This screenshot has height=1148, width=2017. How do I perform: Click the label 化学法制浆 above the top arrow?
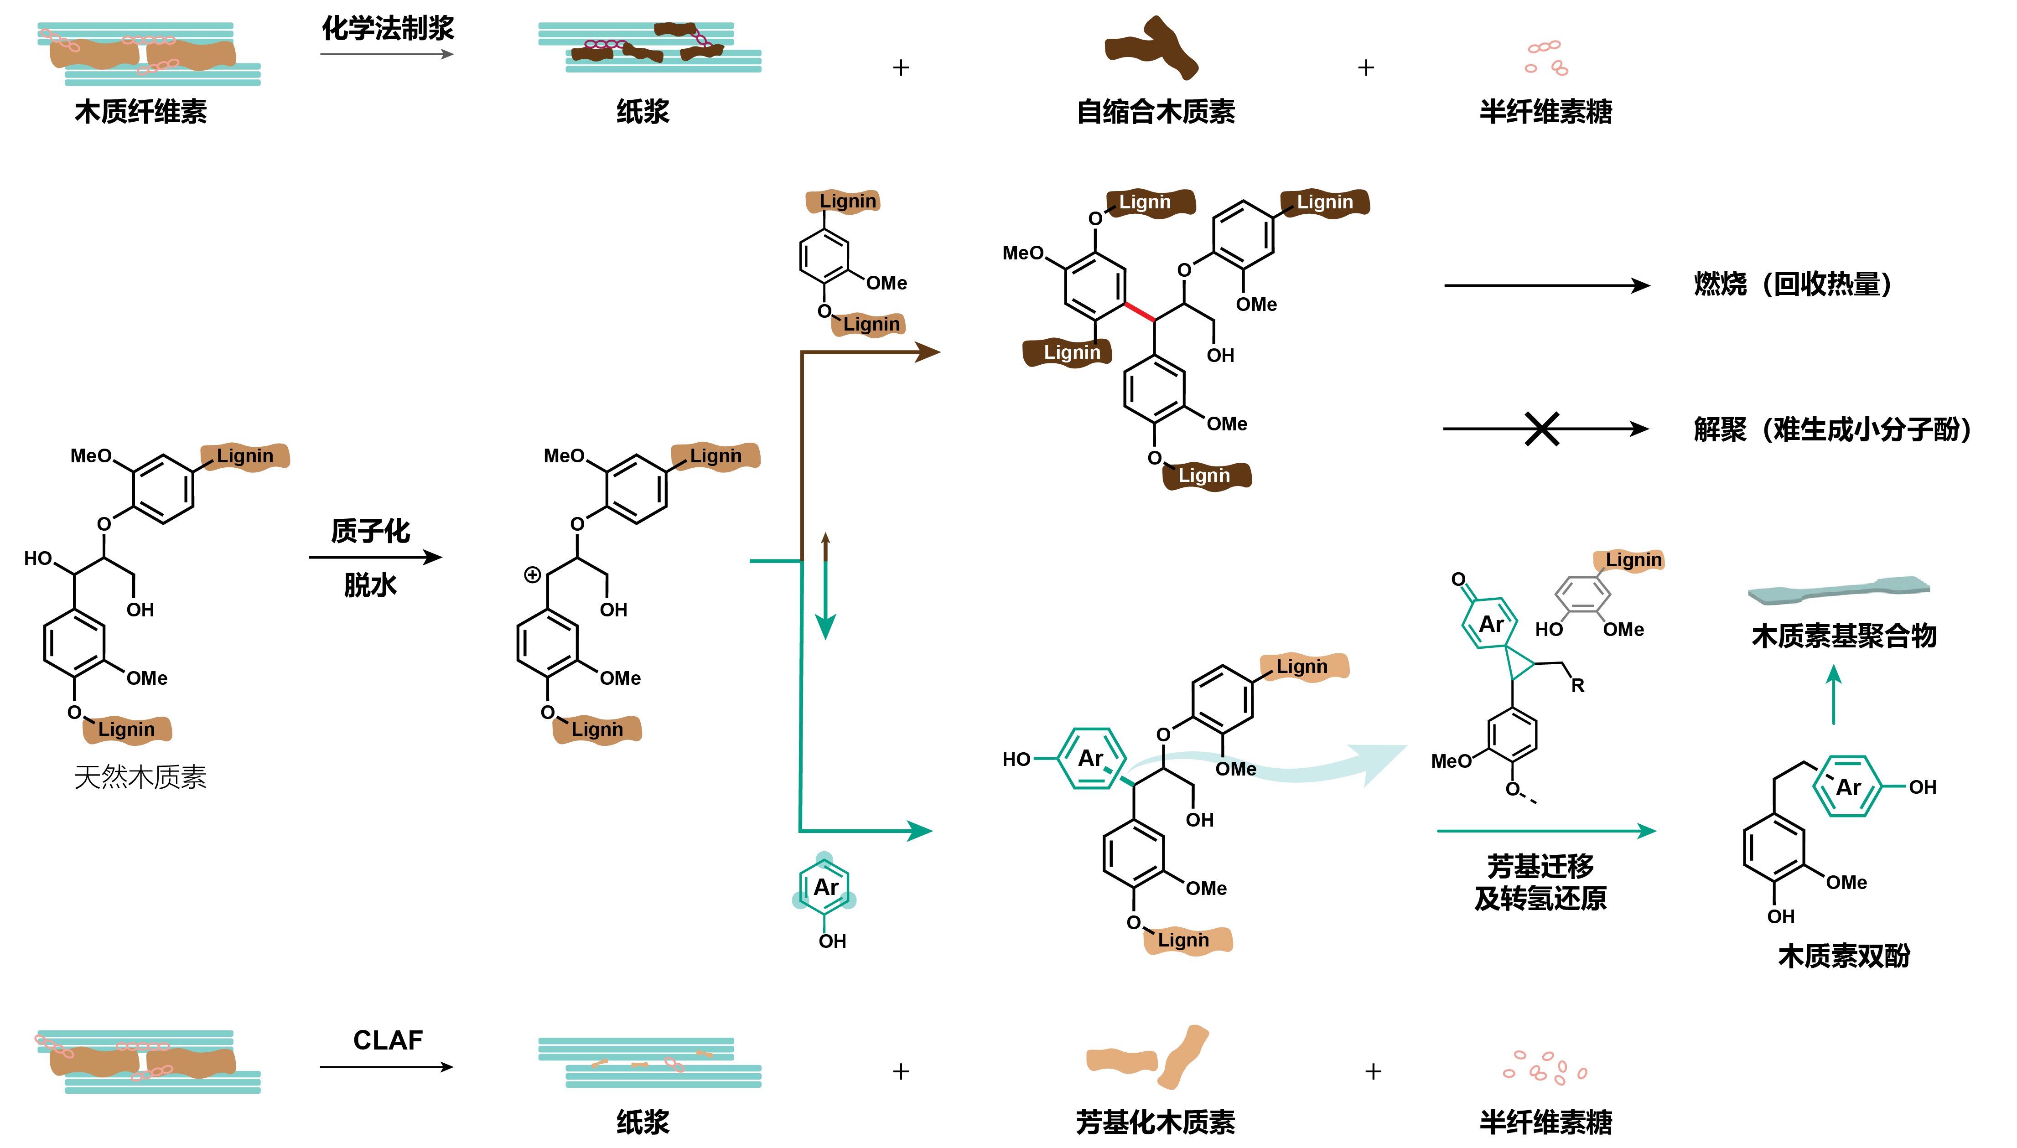(x=387, y=28)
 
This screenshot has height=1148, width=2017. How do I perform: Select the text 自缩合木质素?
(x=1155, y=112)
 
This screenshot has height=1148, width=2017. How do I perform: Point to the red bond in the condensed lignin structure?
(x=1140, y=311)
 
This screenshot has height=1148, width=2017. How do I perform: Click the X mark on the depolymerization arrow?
(x=1541, y=429)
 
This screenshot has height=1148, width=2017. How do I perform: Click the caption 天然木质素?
(x=140, y=777)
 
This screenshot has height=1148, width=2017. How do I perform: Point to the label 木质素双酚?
(x=1844, y=956)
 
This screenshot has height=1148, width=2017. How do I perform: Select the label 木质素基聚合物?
(x=1844, y=636)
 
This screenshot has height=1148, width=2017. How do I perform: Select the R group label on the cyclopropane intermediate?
(x=1577, y=685)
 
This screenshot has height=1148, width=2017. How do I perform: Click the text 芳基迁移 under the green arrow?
(x=1540, y=866)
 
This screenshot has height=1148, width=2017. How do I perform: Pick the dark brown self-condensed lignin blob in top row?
(x=1151, y=49)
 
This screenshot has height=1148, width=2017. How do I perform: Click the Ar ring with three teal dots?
(x=825, y=887)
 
